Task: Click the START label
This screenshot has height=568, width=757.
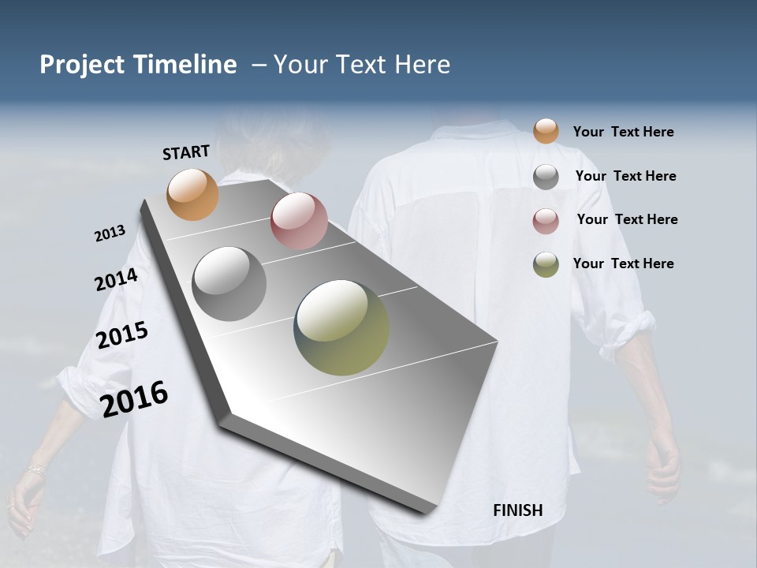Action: tap(186, 151)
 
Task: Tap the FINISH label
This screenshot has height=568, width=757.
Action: tap(518, 510)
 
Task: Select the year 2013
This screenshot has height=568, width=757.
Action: tap(110, 234)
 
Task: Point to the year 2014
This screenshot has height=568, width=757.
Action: tap(116, 279)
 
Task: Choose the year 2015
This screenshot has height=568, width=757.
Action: tap(122, 335)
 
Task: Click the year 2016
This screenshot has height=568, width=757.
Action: tap(134, 398)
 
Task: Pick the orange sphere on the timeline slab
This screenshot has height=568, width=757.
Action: tap(192, 194)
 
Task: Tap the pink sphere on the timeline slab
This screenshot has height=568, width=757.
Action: tap(299, 221)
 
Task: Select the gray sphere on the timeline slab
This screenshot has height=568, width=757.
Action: tap(229, 284)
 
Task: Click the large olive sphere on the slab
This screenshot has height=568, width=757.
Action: tap(341, 327)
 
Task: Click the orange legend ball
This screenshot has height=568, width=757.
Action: tap(546, 131)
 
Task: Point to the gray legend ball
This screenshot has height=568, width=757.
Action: tap(546, 177)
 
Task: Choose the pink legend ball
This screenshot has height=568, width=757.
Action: tap(546, 221)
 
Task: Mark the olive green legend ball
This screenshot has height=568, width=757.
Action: tap(546, 264)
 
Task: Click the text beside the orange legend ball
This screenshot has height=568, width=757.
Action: tap(623, 132)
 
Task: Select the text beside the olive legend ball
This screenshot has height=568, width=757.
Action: tap(623, 263)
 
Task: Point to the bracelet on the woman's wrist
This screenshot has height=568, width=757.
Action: tap(35, 470)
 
